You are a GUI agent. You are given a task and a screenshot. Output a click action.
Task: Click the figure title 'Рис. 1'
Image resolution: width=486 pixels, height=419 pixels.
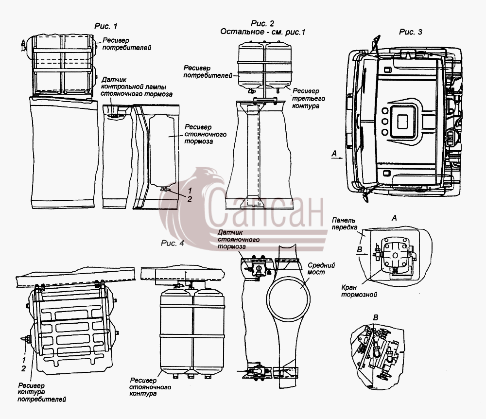pos(106,26)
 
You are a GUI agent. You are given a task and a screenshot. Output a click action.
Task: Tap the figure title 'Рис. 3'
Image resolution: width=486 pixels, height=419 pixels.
pos(410,32)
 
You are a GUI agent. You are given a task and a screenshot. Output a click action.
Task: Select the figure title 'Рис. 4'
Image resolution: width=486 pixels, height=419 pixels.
pos(173,243)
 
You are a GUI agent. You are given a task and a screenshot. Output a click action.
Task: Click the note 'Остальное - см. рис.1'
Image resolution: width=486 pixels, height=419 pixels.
pos(263,32)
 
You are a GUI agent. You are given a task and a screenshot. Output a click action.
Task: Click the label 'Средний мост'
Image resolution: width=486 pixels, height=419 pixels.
pos(321,269)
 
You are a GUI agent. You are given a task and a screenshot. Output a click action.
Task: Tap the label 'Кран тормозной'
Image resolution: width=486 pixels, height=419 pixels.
pos(359,291)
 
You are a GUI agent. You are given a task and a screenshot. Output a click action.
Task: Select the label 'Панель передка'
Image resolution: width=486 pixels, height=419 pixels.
pos(344,224)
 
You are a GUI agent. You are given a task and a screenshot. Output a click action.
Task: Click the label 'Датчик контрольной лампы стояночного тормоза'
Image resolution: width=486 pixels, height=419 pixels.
pos(137,87)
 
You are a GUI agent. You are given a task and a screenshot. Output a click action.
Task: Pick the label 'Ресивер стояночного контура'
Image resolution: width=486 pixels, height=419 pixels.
pos(150,387)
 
